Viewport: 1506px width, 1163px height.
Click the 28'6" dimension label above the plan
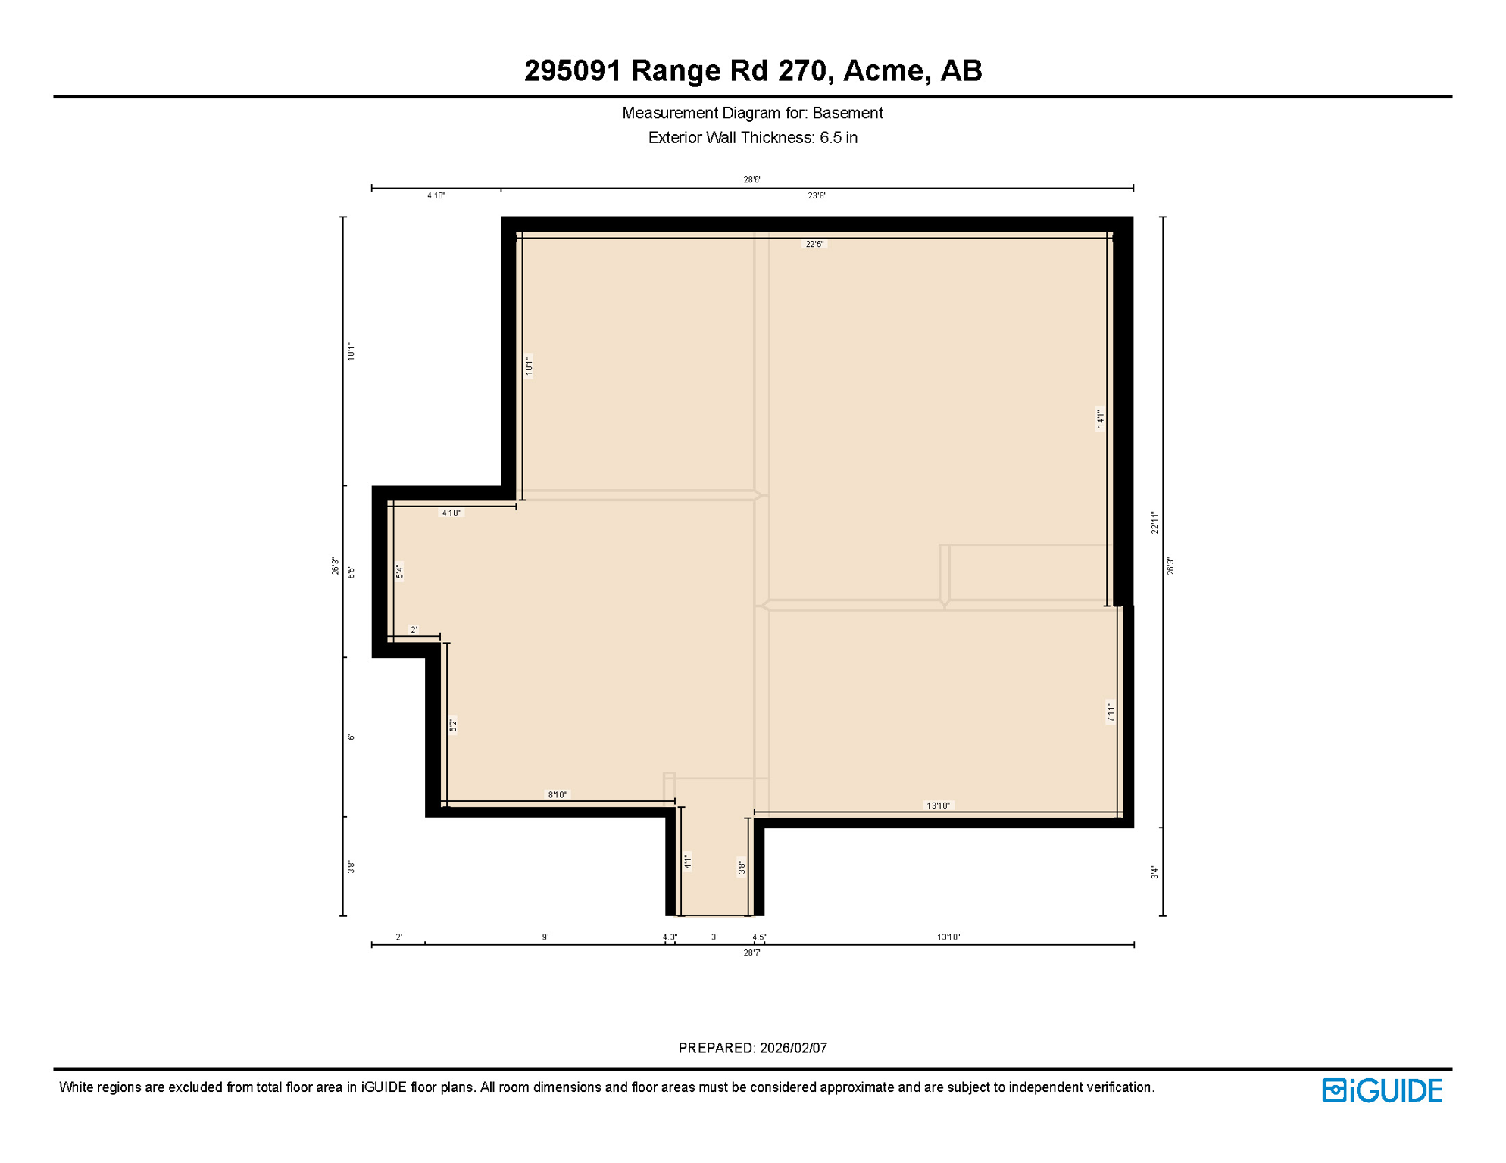751,179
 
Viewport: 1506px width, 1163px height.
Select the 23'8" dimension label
817,195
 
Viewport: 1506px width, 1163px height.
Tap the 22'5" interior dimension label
814,244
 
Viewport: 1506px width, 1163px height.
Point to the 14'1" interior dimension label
1101,419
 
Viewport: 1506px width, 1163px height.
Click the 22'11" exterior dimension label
1154,522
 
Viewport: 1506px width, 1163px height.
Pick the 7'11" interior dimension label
1111,712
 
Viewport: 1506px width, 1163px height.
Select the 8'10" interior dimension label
557,794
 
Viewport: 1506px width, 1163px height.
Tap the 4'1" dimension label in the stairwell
688,862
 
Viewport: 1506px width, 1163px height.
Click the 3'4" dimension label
1154,872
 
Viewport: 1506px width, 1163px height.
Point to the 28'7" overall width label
751,953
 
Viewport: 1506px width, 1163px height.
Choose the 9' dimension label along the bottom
545,937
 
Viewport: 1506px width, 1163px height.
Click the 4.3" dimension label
670,937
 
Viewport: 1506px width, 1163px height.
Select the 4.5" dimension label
759,937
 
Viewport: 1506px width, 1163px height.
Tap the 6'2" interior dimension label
453,725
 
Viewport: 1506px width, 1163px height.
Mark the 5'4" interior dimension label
399,572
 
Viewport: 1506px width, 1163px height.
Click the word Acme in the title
883,70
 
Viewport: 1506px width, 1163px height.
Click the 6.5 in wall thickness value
838,138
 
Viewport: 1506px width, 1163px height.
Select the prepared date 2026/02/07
793,1048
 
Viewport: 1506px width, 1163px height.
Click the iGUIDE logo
1382,1090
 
